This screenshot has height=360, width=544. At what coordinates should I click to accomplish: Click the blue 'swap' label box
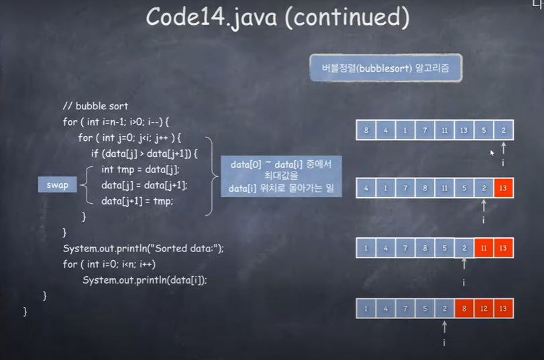pos(58,184)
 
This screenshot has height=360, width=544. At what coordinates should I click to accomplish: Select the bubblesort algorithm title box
pos(386,68)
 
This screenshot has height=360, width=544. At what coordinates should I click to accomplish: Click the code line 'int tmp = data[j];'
pos(140,170)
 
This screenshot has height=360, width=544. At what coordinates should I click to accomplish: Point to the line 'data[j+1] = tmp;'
pos(138,200)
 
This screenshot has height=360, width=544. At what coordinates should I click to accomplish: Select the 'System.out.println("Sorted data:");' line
pos(143,248)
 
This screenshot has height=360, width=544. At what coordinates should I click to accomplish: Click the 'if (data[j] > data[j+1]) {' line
pos(145,154)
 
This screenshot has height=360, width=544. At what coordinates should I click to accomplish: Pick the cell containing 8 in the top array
pos(366,130)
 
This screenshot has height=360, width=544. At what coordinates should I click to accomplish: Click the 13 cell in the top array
pos(464,130)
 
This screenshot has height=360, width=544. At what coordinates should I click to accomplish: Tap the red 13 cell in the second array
pos(503,188)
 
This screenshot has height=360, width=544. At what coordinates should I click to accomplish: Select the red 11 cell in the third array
pos(484,248)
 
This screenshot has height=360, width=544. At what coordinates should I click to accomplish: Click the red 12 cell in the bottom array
pos(484,308)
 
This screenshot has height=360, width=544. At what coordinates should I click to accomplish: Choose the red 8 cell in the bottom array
pos(464,308)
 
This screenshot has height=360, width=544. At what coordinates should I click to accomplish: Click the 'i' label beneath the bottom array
pos(444,342)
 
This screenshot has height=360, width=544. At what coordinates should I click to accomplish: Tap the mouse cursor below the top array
pos(492,153)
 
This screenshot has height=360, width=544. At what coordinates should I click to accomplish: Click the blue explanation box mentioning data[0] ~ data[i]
pos(281,176)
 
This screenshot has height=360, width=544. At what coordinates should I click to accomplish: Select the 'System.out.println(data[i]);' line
pos(144,280)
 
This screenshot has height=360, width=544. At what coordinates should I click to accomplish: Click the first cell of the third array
pos(366,248)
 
